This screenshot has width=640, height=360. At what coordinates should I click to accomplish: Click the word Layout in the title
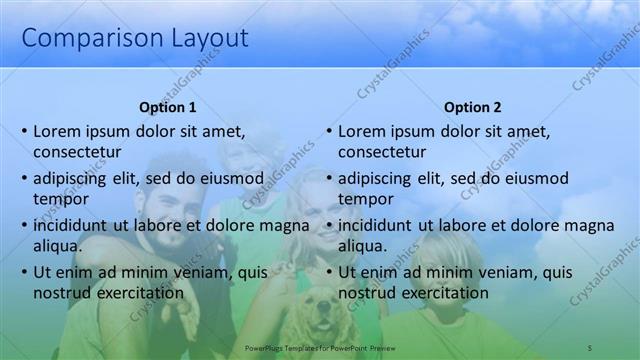coord(200,39)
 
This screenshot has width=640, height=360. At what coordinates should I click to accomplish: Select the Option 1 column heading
coord(167,107)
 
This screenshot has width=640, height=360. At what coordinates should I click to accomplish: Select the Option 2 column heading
coord(472,107)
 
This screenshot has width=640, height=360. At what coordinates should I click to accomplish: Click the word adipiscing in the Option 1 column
coord(74,179)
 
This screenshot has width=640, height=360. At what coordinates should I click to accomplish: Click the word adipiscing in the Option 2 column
coord(379,179)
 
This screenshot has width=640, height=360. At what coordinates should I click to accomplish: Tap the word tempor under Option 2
coord(366,199)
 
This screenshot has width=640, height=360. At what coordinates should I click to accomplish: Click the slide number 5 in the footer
coord(589,347)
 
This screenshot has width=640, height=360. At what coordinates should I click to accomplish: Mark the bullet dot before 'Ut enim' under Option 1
coord(24,272)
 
